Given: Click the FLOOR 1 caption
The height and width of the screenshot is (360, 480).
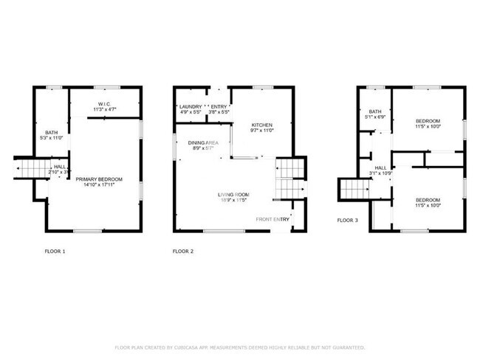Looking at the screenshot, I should coord(55,252).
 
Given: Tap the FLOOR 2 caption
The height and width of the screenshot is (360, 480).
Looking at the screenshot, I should coord(183,252).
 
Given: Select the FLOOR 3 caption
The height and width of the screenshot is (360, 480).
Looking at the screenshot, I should coord(348,220).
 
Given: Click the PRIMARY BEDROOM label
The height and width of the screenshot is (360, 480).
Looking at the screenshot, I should coord(103,179).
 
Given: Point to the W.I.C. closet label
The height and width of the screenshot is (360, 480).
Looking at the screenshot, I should coord(104,104).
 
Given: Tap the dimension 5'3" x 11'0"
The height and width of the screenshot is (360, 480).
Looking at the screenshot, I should coord(51,138).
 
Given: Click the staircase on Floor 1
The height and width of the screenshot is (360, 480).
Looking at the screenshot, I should coord(32,169).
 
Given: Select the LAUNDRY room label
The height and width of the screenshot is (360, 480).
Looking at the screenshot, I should coord(191,107).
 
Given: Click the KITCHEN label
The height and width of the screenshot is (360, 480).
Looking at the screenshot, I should coord(262,125).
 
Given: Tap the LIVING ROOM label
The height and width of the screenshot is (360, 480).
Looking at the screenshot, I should coord(231,195).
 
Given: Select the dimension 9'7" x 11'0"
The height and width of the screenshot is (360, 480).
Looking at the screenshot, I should coord(262,131).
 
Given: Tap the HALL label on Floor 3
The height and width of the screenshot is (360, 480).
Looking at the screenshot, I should coord(380,168).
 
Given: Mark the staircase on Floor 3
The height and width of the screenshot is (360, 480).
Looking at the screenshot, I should coord(354,190).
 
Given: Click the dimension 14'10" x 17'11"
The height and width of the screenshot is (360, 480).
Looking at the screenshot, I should coord(103,185).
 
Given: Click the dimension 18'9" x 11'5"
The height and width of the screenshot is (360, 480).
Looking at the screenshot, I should coord(231,201).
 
